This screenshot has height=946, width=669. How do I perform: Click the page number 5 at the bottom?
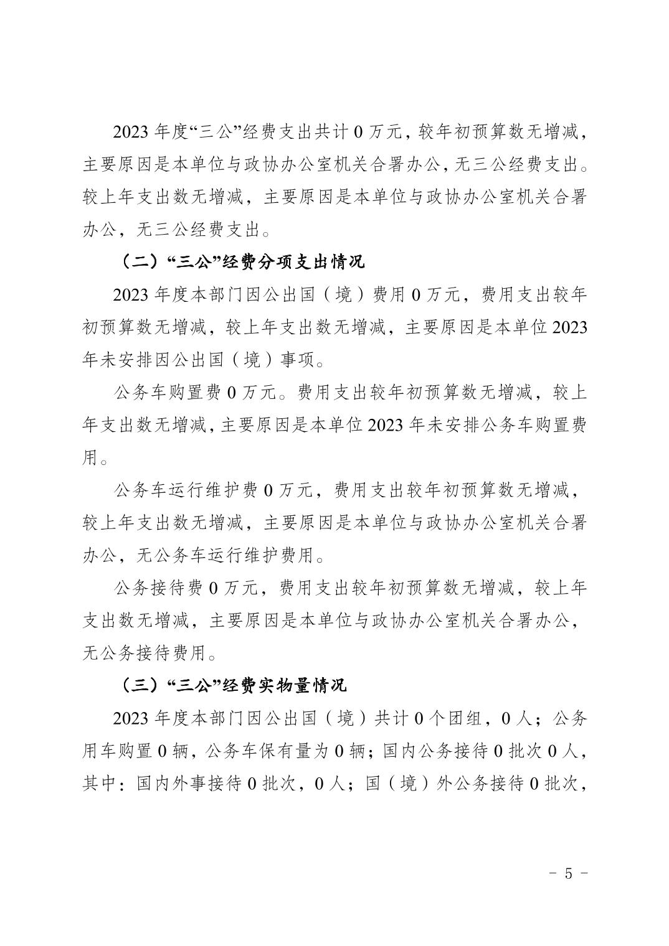coord(567,873)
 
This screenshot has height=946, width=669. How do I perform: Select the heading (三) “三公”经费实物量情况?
coord(233,685)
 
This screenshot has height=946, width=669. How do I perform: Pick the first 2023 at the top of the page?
coord(130,133)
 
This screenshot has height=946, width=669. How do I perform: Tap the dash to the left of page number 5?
coord(553,873)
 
